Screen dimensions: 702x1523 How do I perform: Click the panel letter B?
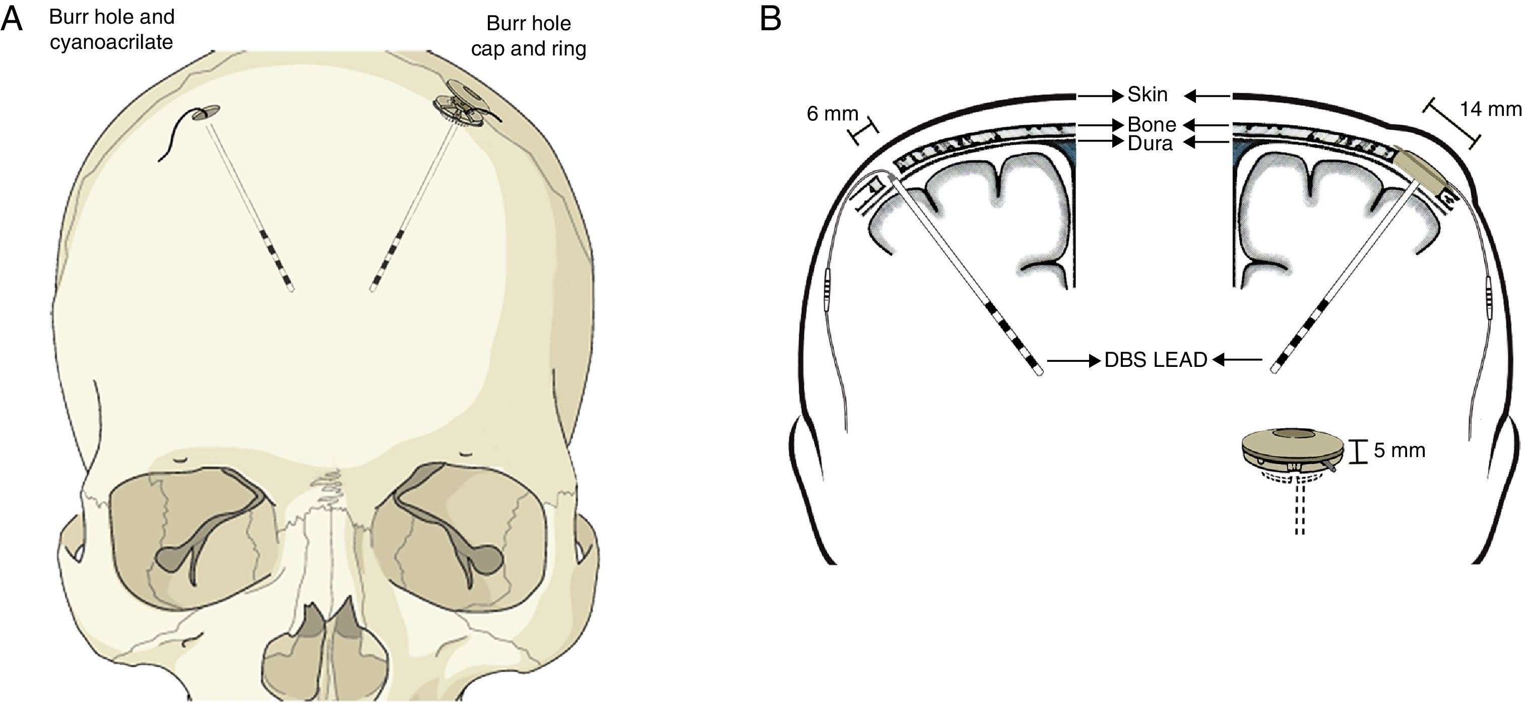(x=771, y=19)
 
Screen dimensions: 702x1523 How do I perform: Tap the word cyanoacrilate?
(x=111, y=42)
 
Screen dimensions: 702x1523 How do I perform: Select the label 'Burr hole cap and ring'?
(x=529, y=35)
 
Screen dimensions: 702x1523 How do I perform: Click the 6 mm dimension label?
(x=832, y=113)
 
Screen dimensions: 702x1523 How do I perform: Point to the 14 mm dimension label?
(x=1490, y=109)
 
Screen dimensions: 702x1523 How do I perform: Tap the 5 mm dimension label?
(x=1399, y=451)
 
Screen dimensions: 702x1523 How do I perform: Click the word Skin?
(x=1148, y=95)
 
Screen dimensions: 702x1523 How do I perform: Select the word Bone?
(x=1152, y=125)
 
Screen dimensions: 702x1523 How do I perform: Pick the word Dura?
(x=1150, y=143)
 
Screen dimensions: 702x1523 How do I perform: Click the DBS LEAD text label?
(x=1156, y=360)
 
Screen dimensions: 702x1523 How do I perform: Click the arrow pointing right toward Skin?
(x=1100, y=95)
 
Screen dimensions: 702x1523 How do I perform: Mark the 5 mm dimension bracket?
(x=1358, y=451)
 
